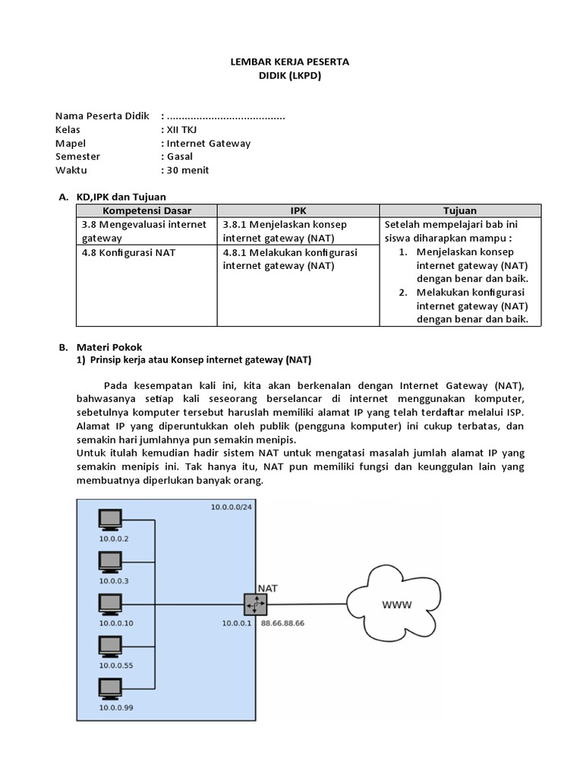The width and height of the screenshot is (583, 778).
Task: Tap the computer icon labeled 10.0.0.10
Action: [110, 604]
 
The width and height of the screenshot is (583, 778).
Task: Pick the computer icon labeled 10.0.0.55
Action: [110, 647]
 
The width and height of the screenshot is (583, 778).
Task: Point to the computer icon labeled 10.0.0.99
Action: [110, 688]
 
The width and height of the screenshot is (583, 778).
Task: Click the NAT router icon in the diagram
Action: [256, 605]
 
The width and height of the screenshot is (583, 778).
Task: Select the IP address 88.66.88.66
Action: [283, 623]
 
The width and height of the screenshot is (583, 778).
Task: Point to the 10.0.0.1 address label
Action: [238, 623]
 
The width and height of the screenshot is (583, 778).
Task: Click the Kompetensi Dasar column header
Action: [147, 210]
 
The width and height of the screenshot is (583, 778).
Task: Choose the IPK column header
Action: [298, 210]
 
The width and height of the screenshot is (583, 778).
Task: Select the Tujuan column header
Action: [460, 210]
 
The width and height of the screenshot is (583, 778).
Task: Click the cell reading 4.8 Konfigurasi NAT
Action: [128, 252]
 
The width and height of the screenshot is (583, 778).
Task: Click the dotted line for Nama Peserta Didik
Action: [225, 116]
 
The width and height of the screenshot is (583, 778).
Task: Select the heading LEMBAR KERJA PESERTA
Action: [290, 62]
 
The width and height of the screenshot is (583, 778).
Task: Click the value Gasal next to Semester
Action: [180, 157]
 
